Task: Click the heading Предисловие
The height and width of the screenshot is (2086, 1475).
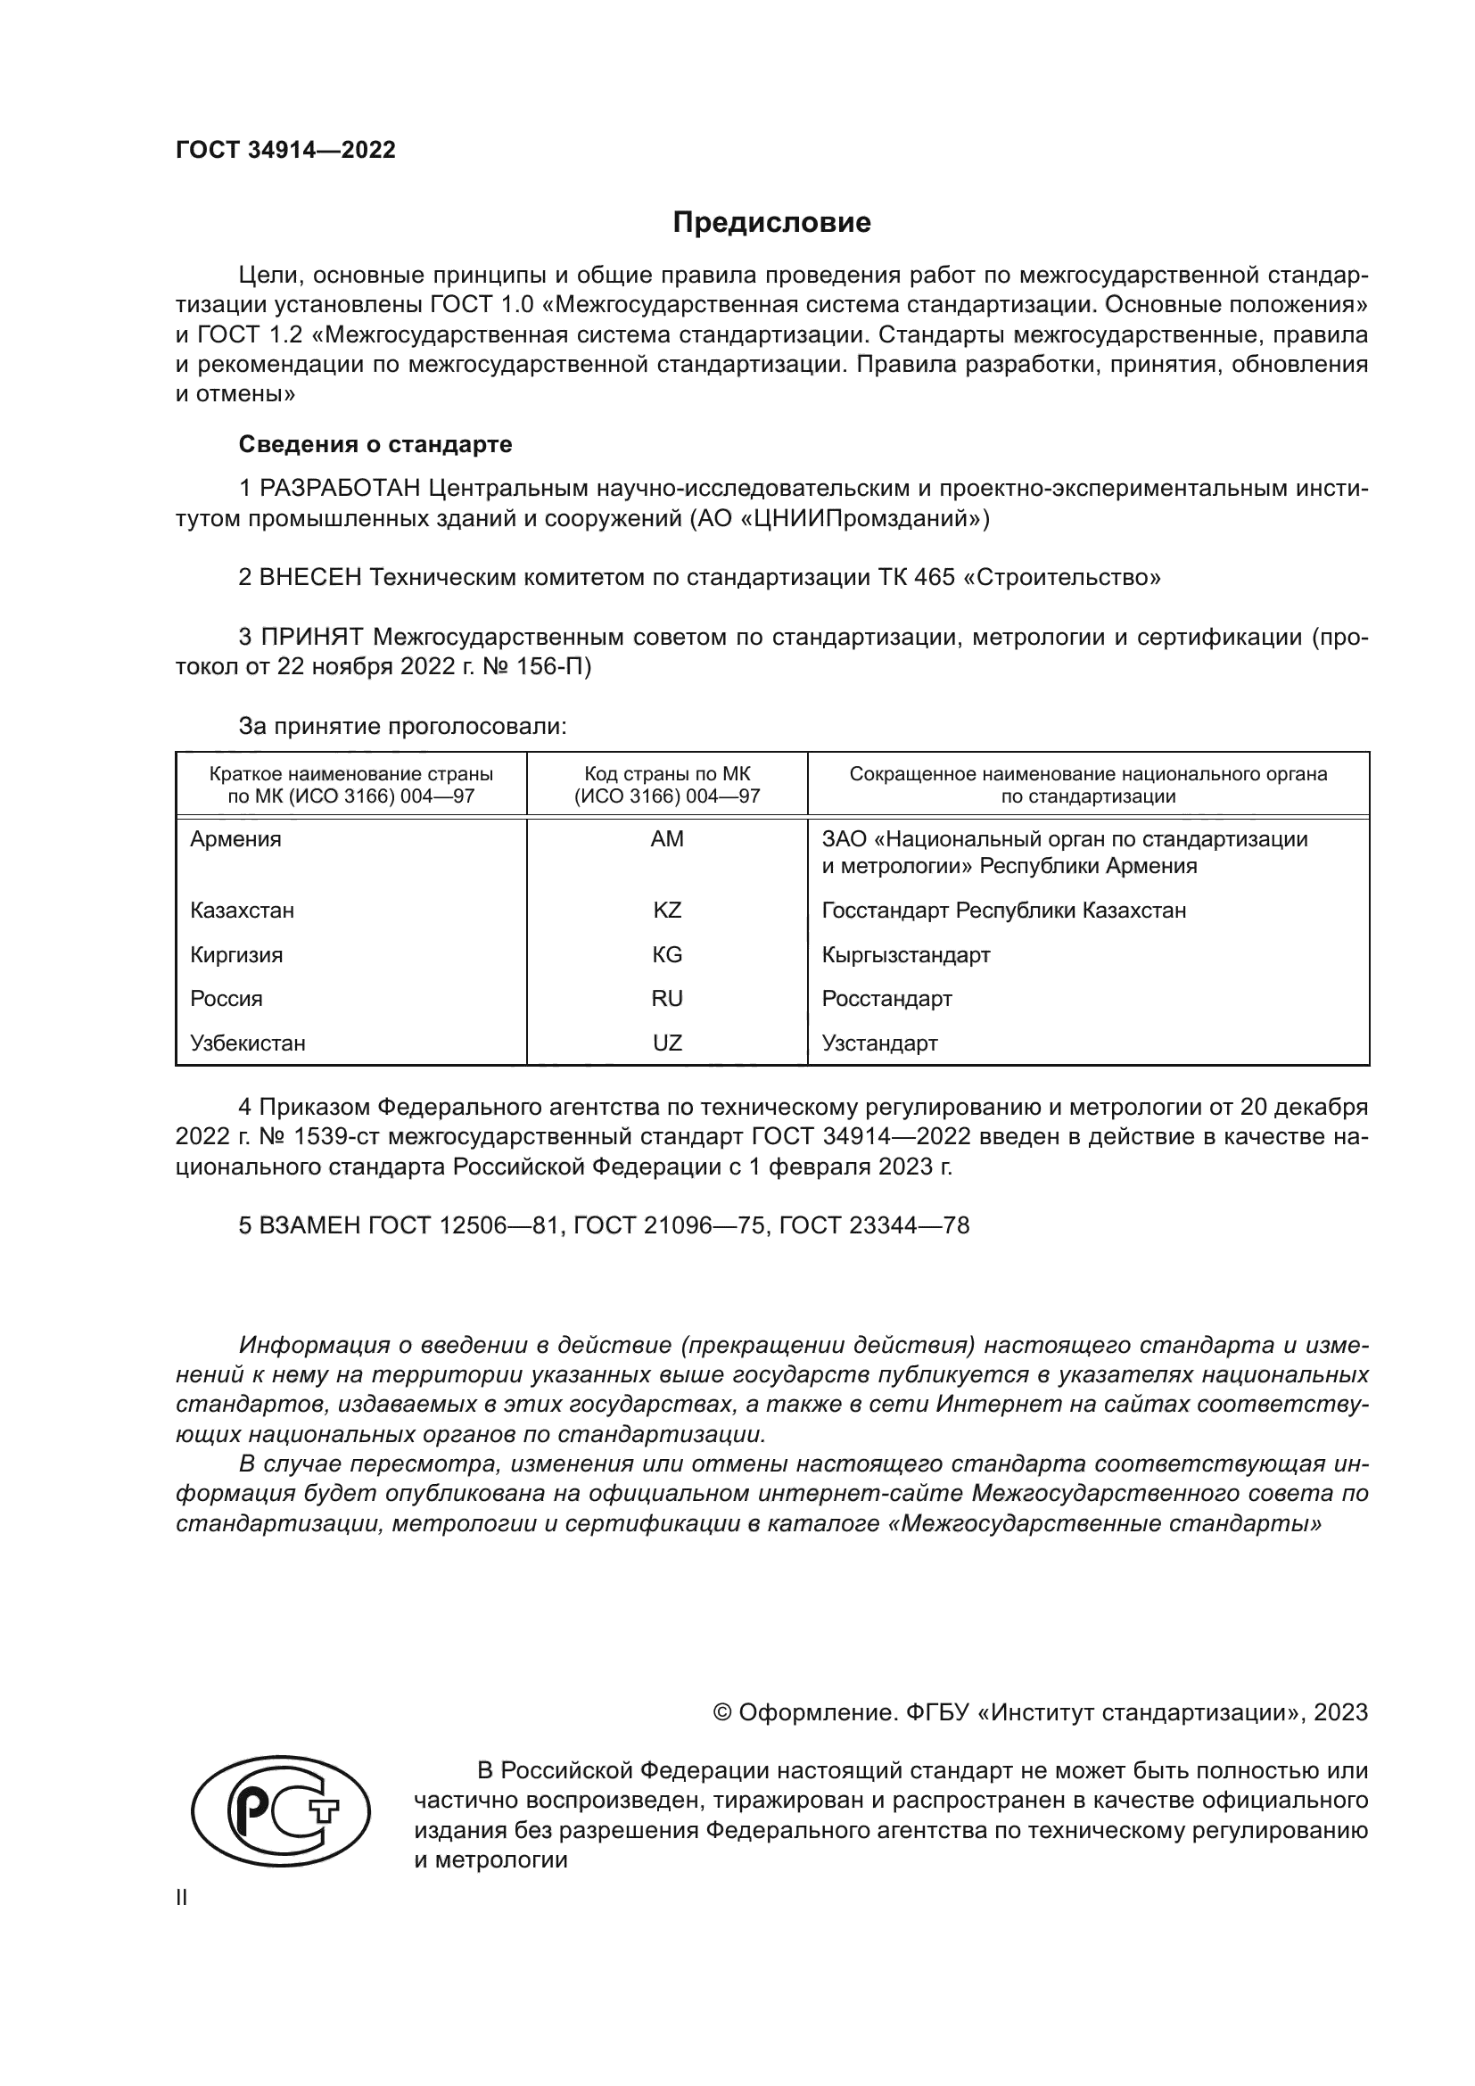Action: coord(771,223)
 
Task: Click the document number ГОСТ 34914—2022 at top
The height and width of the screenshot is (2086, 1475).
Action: coord(285,150)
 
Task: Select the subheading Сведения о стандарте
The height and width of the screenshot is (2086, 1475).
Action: coord(375,444)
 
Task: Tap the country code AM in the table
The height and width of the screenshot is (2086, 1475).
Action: coord(667,839)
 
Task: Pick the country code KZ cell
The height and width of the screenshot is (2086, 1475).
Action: coord(667,911)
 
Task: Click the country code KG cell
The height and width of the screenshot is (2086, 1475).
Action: coord(667,955)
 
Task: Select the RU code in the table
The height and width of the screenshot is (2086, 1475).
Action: coord(667,999)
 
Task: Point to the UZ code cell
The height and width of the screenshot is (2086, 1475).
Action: coord(667,1043)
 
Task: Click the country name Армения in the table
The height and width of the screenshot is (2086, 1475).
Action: coord(235,839)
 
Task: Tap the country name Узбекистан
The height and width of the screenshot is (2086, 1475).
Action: coord(247,1043)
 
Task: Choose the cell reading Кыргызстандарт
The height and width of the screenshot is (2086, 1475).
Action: coord(905,955)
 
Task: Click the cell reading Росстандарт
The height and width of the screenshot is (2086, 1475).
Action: coord(886,999)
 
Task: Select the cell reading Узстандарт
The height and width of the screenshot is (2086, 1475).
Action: coord(879,1043)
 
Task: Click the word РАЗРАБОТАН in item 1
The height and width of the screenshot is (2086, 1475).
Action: coord(340,489)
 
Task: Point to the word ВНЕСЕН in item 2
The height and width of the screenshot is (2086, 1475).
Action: coord(310,577)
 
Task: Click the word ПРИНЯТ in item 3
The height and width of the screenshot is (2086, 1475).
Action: coord(311,637)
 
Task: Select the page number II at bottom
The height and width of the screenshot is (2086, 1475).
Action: coord(182,1898)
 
